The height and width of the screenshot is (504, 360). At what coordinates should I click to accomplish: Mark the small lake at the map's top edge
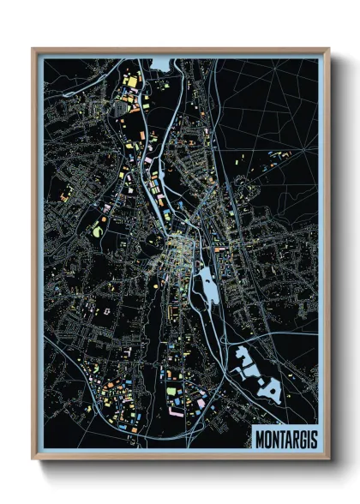pos(160,63)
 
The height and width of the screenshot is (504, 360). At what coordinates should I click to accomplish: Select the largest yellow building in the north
pos(133,82)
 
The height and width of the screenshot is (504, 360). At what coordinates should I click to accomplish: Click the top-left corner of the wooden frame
pos(33,49)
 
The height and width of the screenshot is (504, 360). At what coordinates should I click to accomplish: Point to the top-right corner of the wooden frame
pos(328,49)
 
